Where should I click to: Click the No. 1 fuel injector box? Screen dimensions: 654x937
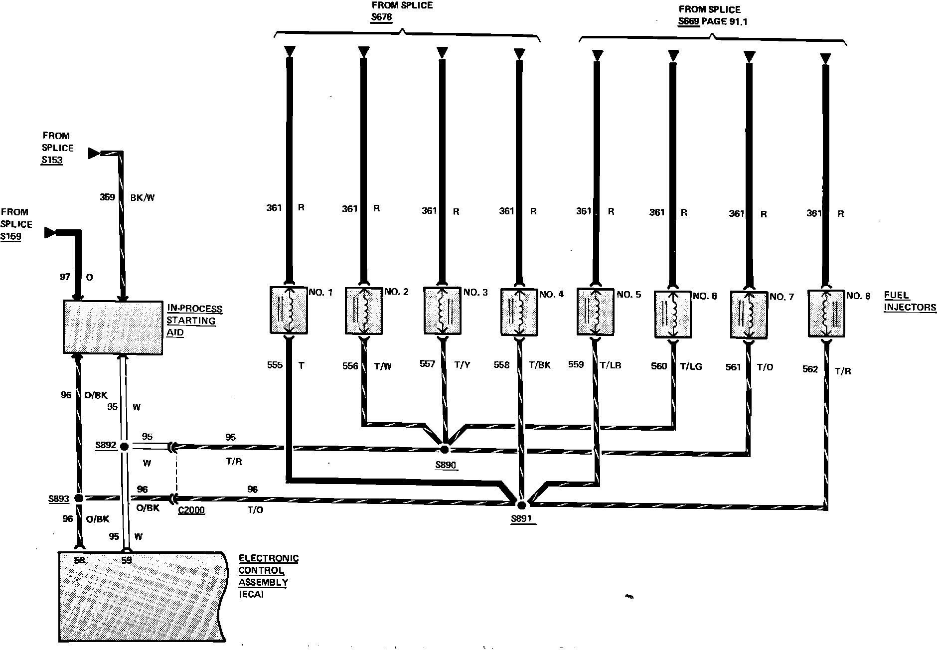pos(288,310)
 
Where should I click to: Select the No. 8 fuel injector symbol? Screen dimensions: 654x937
pos(826,314)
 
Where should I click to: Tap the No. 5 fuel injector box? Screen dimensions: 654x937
pos(595,311)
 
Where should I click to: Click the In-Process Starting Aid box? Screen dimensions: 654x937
pos(113,327)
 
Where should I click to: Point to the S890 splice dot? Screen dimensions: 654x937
pos(445,449)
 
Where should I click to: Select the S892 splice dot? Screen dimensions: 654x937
pos(124,446)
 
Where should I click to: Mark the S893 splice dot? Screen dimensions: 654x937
pos(78,498)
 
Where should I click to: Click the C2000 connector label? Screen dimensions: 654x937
pos(191,510)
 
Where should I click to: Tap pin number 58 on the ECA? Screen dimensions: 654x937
pos(79,560)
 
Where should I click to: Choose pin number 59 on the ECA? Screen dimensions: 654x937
pos(127,560)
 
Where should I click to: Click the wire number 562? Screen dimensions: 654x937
pos(810,369)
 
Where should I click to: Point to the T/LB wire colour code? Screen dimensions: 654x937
pos(610,365)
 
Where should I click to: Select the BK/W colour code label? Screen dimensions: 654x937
pos(143,197)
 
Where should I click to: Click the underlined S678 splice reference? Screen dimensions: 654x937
pos(382,17)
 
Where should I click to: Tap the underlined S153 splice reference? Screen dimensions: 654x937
pos(52,160)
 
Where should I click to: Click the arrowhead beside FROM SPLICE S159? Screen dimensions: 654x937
pos(50,232)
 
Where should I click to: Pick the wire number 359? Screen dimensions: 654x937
pos(107,197)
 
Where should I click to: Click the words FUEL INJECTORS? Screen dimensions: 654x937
pos(910,301)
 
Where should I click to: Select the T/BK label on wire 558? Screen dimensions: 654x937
pos(539,365)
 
